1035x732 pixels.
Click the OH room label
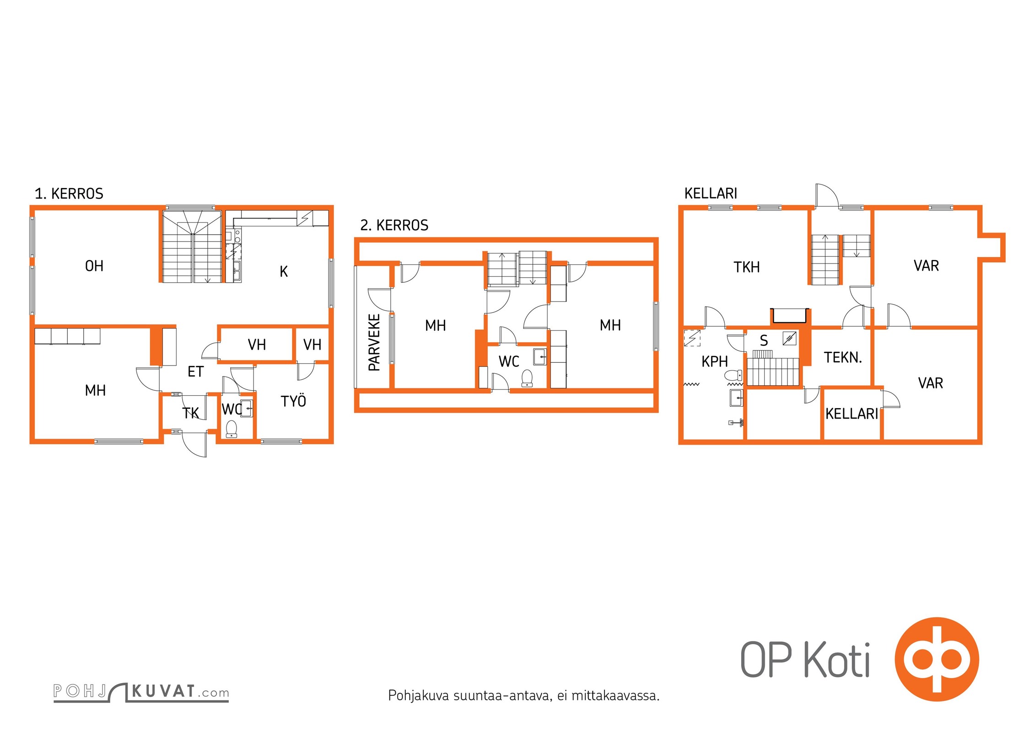(94, 266)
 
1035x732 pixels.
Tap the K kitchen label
(284, 272)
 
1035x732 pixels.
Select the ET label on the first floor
(195, 371)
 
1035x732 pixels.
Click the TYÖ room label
(293, 401)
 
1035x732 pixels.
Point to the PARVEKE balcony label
(374, 342)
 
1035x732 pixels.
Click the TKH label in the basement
(747, 267)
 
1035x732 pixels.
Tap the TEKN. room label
(843, 357)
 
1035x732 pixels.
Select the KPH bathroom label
(715, 361)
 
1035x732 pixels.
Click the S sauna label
(764, 340)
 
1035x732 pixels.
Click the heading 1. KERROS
(69, 194)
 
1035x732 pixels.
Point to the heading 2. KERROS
(394, 225)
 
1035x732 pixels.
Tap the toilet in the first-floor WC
(232, 429)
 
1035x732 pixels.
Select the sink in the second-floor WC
(540, 356)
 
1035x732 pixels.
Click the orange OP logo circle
(937, 659)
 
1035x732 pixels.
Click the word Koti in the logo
(837, 660)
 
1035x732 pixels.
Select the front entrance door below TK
(194, 443)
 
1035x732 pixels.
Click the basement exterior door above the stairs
(827, 196)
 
